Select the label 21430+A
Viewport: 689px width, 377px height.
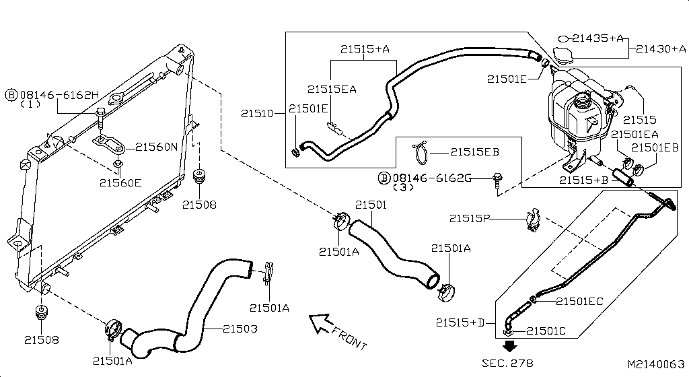tap(661, 48)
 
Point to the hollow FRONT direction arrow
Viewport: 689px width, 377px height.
tap(322, 324)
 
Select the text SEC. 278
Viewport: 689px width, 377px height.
tap(507, 363)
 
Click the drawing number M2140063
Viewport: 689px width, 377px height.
tap(656, 364)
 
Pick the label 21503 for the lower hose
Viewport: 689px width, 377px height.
tap(240, 329)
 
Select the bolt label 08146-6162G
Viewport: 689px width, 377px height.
tap(431, 178)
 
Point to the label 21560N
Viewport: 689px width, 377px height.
tap(157, 147)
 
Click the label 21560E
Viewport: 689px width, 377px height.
tap(120, 182)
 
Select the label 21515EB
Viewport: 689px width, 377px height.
tap(474, 152)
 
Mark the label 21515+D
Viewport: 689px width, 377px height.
tap(460, 323)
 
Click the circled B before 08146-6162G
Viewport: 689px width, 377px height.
tap(384, 178)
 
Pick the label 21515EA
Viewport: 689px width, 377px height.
tap(332, 89)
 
